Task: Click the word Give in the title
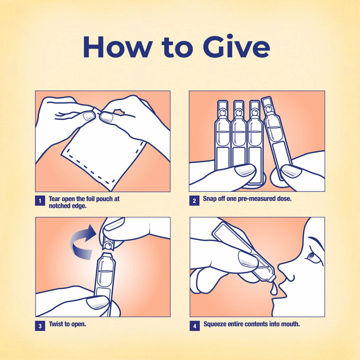(236, 46)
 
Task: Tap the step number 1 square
(40, 200)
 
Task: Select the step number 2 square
(194, 200)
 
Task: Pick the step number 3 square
(40, 326)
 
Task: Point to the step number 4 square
(194, 326)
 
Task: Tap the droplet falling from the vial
(273, 289)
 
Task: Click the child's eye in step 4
(311, 255)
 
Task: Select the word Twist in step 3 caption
(56, 324)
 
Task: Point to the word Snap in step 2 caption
(210, 199)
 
